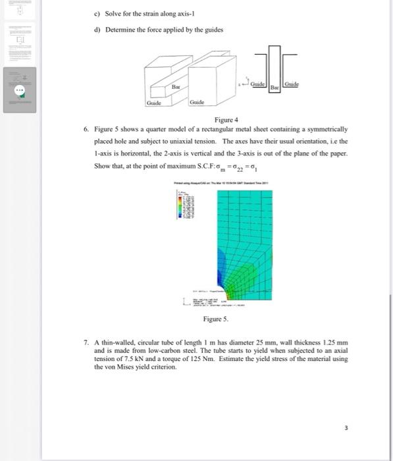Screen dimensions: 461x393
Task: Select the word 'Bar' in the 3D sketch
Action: (175, 86)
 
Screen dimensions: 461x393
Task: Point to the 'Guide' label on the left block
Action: (155, 103)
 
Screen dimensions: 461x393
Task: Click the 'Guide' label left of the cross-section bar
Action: (257, 86)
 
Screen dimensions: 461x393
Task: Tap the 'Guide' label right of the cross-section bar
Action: (292, 86)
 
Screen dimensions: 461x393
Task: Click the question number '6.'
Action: (86, 130)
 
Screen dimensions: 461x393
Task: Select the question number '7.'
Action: (86, 344)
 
